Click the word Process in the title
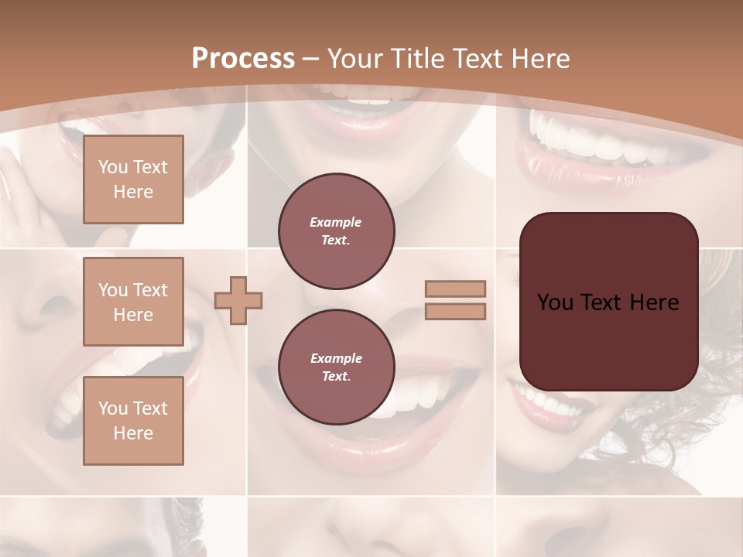(x=243, y=59)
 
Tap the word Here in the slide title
(x=540, y=59)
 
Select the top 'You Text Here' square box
(x=133, y=179)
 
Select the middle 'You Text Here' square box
(x=133, y=302)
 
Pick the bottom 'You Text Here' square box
(x=133, y=421)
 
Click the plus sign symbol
(x=238, y=300)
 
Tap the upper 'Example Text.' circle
(x=336, y=231)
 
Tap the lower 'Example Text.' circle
(x=336, y=367)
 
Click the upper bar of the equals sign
(x=456, y=289)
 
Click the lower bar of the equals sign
(x=456, y=311)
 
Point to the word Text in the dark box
(x=608, y=302)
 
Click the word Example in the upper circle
(x=336, y=222)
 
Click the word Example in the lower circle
(x=336, y=358)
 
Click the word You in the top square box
(x=112, y=167)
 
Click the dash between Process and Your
(x=311, y=59)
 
